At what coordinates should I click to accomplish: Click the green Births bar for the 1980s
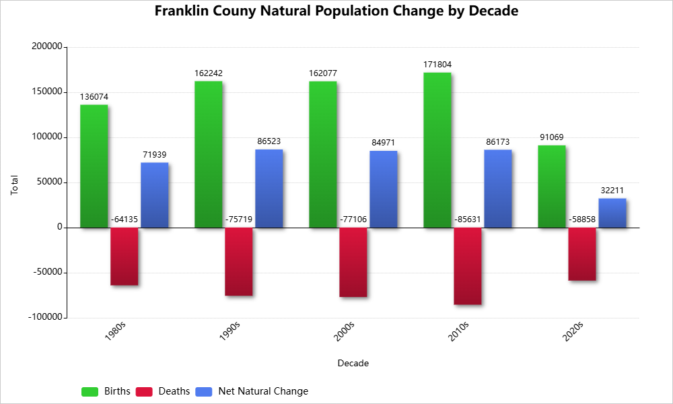[x=94, y=166]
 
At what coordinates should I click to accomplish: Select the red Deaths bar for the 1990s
[x=238, y=261]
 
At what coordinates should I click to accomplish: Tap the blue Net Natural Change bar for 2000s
[x=384, y=189]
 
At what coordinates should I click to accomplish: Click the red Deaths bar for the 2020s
[x=581, y=254]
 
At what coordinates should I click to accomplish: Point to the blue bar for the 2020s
[x=612, y=213]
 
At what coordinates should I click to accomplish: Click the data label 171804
[x=437, y=65]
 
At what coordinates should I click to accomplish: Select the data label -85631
[x=467, y=220]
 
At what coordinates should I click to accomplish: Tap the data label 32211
[x=612, y=191]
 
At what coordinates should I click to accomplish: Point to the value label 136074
[x=94, y=97]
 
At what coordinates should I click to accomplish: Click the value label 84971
[x=384, y=143]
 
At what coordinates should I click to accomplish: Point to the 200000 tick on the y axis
[x=46, y=47]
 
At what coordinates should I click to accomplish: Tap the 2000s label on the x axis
[x=344, y=332]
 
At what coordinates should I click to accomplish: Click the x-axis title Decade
[x=353, y=364]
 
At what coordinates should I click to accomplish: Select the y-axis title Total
[x=15, y=185]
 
